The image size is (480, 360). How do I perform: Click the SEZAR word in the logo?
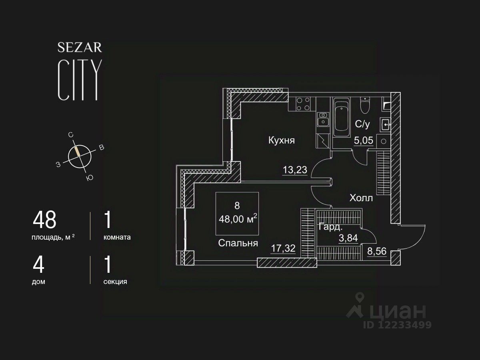point(80,48)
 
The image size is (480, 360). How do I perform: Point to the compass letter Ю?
point(90,178)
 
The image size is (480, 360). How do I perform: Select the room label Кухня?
point(282,140)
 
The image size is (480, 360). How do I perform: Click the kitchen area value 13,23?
point(295,170)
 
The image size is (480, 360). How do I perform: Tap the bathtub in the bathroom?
point(342,116)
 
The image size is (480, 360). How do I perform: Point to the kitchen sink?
point(322,119)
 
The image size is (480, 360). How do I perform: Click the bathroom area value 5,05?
point(363,140)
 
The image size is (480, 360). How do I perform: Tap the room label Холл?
point(361,198)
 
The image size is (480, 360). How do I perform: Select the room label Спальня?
point(238,243)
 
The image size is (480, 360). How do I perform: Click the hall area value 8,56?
point(377,251)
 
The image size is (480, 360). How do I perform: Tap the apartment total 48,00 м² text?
point(238,220)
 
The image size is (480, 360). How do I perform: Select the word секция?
point(115,282)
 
